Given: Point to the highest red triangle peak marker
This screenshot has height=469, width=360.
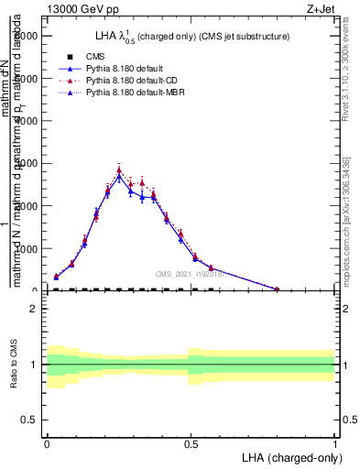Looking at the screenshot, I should coord(119,169).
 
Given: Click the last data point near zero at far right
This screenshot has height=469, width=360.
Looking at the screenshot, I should coord(277,289).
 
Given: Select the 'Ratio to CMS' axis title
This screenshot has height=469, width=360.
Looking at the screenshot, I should coord(14,364).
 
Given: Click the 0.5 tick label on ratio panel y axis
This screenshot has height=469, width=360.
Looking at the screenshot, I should coord(29,420).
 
